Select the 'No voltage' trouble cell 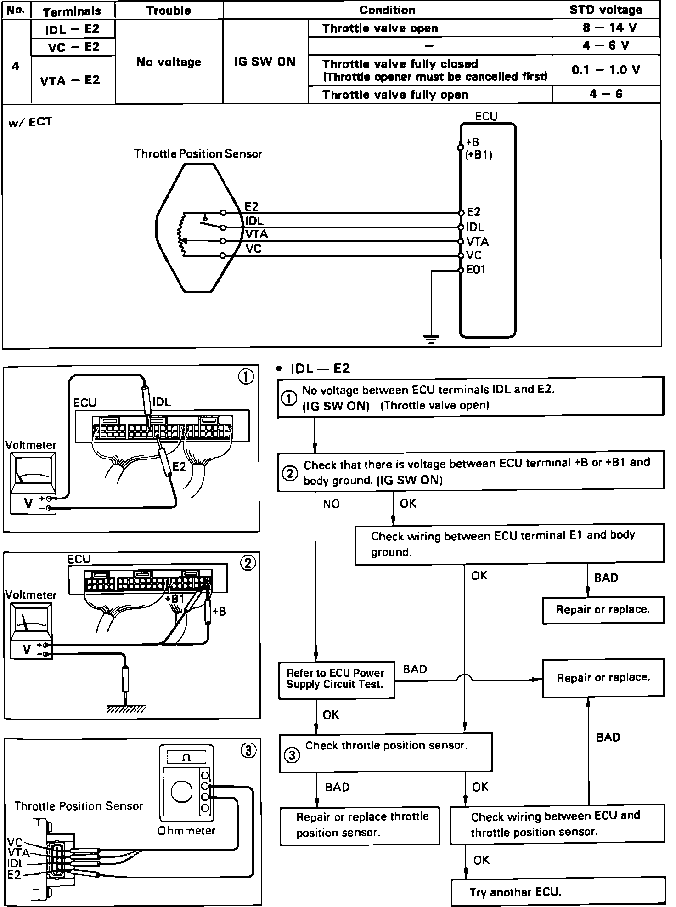(x=169, y=62)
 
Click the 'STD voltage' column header (x=606, y=10)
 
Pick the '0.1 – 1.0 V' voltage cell (x=606, y=70)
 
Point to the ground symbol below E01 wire (x=431, y=340)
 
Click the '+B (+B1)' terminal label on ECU (x=478, y=148)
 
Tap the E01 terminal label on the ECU (x=476, y=270)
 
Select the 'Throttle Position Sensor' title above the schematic (x=198, y=153)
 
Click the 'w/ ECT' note (x=30, y=122)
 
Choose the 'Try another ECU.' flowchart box (x=558, y=892)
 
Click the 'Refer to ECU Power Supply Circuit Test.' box (x=336, y=680)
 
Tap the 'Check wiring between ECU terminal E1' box (x=509, y=544)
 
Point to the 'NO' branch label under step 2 (x=331, y=504)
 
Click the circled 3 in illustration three (x=248, y=751)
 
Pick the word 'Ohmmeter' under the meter (x=186, y=831)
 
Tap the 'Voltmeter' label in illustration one (x=30, y=445)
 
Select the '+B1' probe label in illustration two (x=175, y=599)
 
